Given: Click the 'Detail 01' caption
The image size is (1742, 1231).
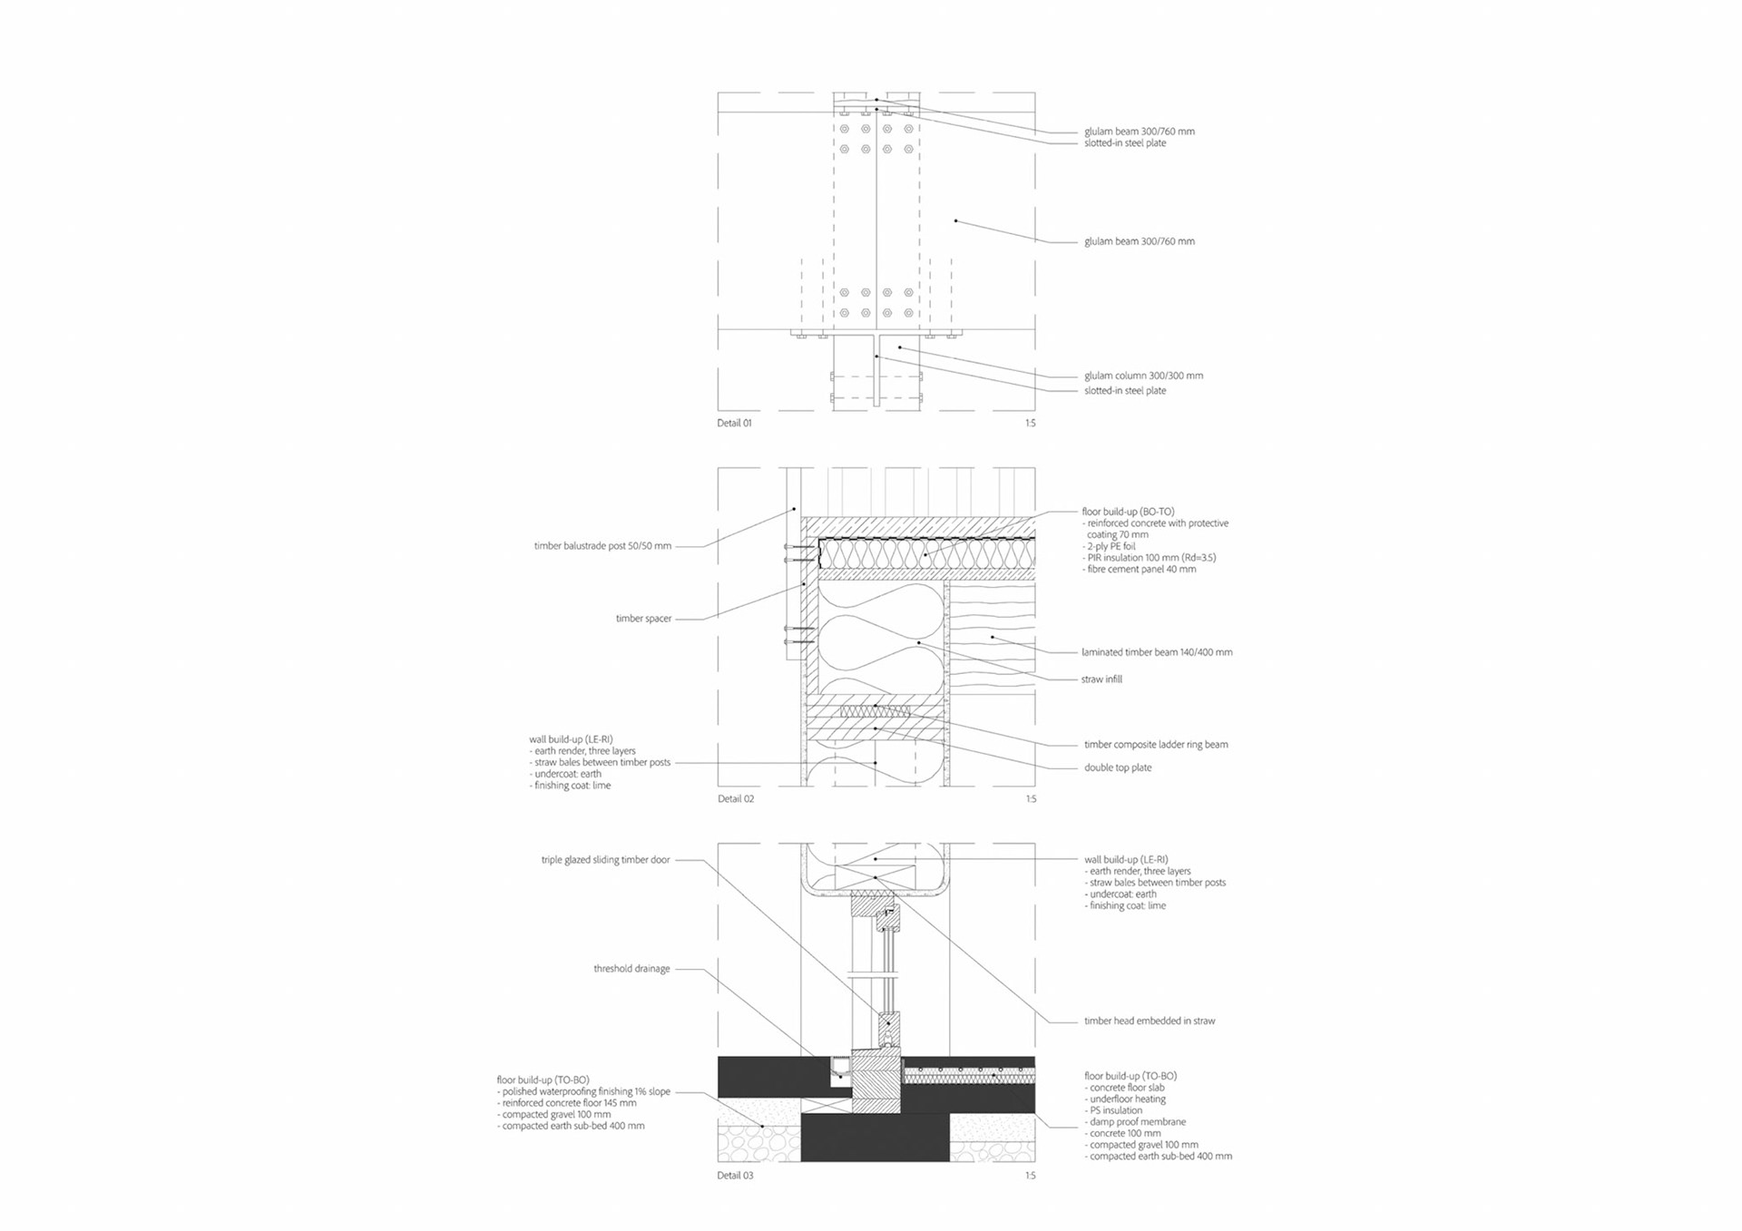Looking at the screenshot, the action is [x=734, y=424].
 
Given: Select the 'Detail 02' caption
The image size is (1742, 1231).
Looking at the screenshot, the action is [x=735, y=799].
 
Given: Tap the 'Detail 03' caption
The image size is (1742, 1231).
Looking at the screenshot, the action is [x=735, y=1176].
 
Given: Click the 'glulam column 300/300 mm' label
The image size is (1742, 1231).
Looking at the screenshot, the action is [x=1143, y=376].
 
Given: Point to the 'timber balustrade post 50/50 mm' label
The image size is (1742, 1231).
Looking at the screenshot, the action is [x=602, y=546].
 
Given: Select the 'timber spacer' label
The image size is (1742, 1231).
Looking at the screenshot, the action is [x=643, y=619].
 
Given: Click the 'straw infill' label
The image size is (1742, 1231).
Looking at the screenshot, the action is [x=1101, y=679].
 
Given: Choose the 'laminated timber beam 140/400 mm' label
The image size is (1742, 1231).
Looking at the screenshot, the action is [x=1157, y=652].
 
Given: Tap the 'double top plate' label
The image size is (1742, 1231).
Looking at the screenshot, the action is [x=1118, y=767].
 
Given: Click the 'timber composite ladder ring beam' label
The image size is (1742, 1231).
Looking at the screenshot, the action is [x=1156, y=745].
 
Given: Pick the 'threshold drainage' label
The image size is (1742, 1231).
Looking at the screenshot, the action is [x=631, y=969].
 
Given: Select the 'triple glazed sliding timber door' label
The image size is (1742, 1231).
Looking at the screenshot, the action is [x=605, y=860].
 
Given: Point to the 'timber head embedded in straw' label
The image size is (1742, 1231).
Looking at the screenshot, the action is [x=1150, y=1021].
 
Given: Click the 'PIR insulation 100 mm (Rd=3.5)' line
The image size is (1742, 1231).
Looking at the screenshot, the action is [x=1151, y=558].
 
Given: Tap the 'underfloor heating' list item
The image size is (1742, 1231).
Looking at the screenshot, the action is [x=1127, y=1099].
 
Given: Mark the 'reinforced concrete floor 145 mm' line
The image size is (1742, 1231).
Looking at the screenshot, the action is [x=569, y=1103].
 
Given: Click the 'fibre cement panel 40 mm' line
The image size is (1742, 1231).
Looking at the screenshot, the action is [x=1141, y=570].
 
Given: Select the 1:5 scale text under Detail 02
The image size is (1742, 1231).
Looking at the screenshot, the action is [x=1030, y=799].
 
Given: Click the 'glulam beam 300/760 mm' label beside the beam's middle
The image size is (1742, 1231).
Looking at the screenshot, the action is [x=1140, y=241].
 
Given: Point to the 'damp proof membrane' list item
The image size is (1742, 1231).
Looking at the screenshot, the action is [x=1137, y=1122].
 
